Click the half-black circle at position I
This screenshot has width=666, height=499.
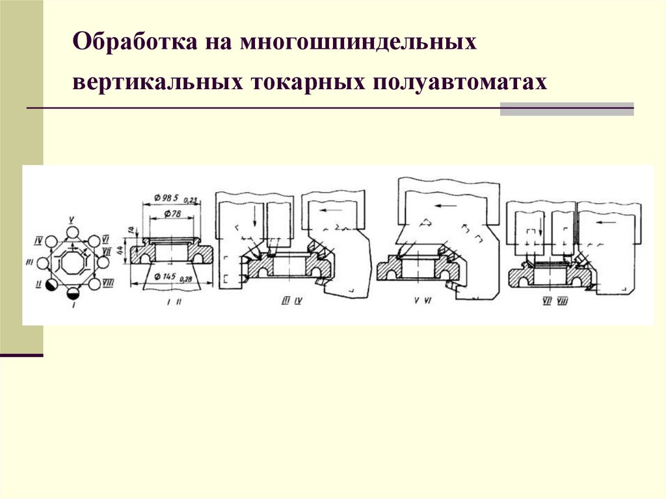click(x=72, y=295)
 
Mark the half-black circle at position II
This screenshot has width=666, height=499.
click(x=51, y=284)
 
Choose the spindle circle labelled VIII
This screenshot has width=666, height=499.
click(x=95, y=284)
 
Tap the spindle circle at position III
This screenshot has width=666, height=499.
click(x=43, y=263)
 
